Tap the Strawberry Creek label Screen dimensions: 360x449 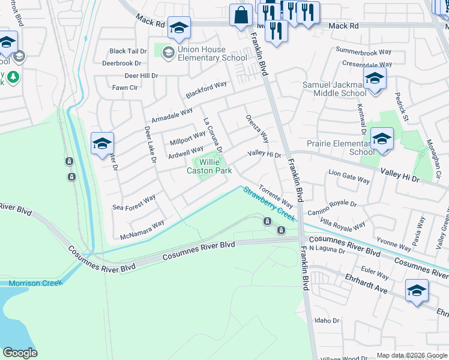[268, 205]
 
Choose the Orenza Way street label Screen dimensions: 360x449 [256, 128]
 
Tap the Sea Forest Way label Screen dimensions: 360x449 [134, 202]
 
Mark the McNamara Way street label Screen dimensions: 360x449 [142, 229]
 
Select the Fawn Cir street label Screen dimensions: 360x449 [125, 88]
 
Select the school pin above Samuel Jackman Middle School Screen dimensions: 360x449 [375, 78]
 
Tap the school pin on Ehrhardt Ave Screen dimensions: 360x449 [417, 291]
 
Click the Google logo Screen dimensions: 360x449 [20, 353]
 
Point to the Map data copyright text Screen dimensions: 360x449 [411, 355]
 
